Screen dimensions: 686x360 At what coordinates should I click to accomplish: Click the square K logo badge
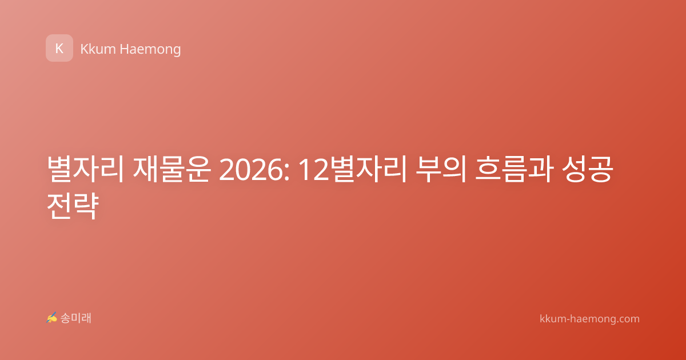59,48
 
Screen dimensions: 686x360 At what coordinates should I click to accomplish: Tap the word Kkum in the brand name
98,49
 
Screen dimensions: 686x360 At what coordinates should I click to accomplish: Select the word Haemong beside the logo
150,50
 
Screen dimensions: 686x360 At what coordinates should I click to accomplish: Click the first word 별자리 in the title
85,169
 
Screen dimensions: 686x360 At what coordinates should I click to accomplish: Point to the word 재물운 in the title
172,169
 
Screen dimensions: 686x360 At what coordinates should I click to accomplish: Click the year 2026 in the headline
251,170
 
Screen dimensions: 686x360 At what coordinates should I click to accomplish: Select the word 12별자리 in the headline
353,169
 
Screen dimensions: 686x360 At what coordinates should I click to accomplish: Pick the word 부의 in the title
441,169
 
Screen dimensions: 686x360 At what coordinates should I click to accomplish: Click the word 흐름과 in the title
514,169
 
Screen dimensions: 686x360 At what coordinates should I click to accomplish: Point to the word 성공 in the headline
588,169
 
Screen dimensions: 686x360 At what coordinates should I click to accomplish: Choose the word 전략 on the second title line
73,206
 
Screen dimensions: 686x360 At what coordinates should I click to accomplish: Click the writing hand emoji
51,318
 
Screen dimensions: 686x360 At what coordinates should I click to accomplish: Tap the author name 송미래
75,318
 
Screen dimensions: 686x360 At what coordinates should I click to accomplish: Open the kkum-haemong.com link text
589,319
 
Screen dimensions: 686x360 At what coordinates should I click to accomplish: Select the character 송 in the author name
65,318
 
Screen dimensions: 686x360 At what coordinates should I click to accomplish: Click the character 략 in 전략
86,206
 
